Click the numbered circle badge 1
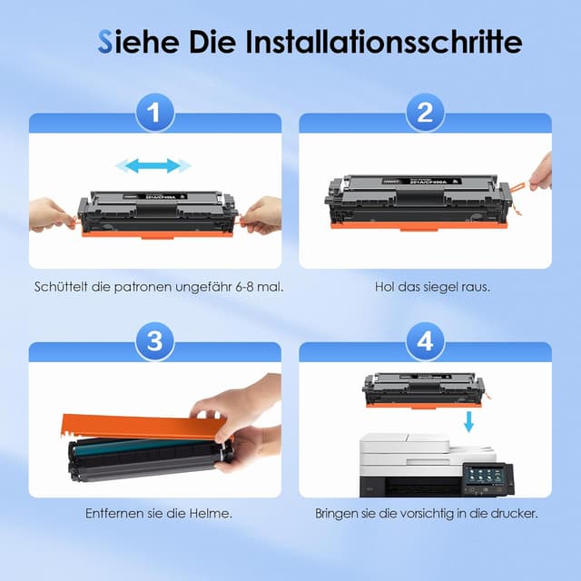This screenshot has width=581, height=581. [x=155, y=113]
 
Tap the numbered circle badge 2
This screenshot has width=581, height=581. [x=425, y=113]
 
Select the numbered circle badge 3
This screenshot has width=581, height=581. [x=155, y=341]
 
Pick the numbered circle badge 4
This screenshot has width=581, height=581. [x=425, y=341]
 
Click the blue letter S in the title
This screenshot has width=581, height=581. [x=106, y=42]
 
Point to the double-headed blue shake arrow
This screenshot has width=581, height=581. [x=153, y=165]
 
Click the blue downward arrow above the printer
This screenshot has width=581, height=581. [x=468, y=420]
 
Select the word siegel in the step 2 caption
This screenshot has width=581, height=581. [x=441, y=287]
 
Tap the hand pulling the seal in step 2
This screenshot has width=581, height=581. [x=543, y=172]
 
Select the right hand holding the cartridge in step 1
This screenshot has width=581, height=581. [x=261, y=214]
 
